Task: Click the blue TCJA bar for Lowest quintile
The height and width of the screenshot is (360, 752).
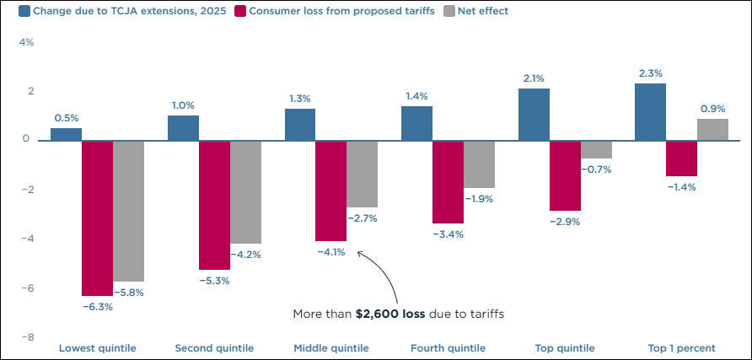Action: tap(67, 134)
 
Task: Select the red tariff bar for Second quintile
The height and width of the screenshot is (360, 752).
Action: tap(214, 205)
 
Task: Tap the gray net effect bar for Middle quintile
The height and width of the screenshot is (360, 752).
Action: tap(363, 174)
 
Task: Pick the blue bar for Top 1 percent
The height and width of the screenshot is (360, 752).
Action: tap(651, 111)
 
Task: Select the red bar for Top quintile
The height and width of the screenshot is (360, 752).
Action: tap(565, 175)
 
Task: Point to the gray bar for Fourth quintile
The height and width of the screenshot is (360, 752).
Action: tap(479, 164)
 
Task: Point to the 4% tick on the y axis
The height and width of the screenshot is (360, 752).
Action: tap(26, 41)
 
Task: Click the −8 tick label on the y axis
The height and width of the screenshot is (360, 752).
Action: tap(26, 337)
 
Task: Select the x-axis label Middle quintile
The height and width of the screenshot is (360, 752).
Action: tap(331, 348)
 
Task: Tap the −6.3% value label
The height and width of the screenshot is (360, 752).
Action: tap(97, 307)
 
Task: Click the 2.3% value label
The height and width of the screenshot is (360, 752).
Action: tap(651, 74)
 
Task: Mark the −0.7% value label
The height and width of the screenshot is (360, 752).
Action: tap(596, 169)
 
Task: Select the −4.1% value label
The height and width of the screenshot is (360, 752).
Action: tap(330, 251)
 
